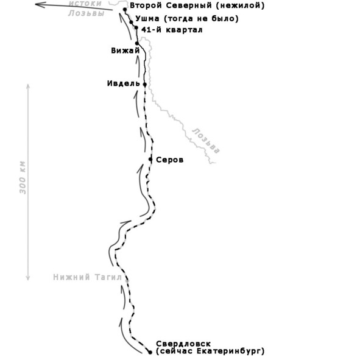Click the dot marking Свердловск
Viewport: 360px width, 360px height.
coord(150,352)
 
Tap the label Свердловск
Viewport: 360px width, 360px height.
coord(183,344)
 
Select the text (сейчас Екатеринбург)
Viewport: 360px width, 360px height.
coord(210,351)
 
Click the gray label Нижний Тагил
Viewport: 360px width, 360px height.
coord(88,277)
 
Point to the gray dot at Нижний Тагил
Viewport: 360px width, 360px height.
coord(127,281)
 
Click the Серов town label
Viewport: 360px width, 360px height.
coord(170,160)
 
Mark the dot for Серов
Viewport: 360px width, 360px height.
coord(150,159)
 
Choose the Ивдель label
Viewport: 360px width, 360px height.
coord(123,83)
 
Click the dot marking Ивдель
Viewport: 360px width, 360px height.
coord(144,85)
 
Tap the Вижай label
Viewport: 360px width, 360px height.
coord(125,51)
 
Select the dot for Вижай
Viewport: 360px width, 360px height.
coord(137,43)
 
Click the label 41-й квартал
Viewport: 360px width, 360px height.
coord(172,30)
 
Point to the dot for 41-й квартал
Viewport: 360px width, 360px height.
coord(136,28)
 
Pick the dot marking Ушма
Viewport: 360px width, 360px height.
coord(131,23)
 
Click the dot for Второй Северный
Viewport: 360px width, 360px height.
coord(125,10)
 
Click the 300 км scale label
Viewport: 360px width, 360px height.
coord(23,178)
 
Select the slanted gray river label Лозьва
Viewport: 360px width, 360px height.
coord(206,141)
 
